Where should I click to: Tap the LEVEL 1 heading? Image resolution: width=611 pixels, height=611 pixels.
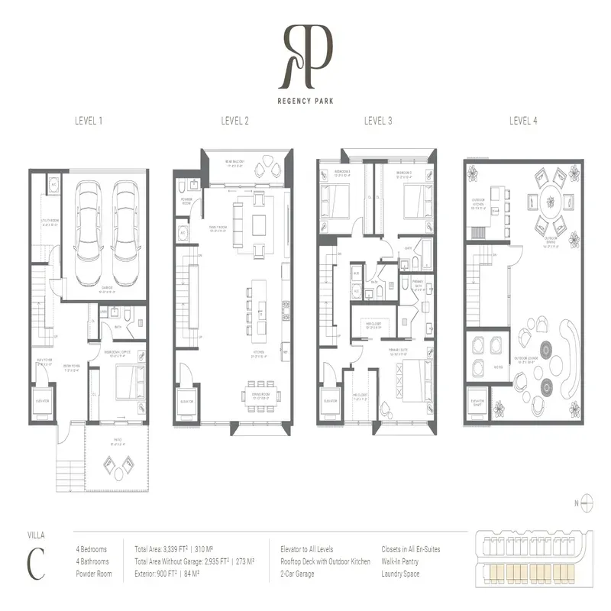coord(89,121)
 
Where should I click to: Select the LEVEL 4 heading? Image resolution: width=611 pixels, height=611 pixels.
coord(523,121)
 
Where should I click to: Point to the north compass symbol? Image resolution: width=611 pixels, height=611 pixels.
coord(587,503)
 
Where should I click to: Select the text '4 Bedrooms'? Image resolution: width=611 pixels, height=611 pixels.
coord(92,549)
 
